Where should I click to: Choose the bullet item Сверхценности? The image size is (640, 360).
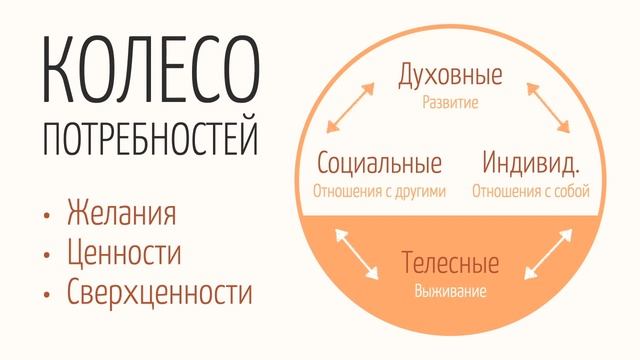(x=159, y=293)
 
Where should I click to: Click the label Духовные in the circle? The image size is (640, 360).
(x=450, y=75)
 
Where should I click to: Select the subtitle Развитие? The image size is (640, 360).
(x=450, y=101)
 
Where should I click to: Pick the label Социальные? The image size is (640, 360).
(x=379, y=162)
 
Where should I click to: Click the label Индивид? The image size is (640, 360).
(x=530, y=162)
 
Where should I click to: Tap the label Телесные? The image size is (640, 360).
(x=450, y=266)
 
